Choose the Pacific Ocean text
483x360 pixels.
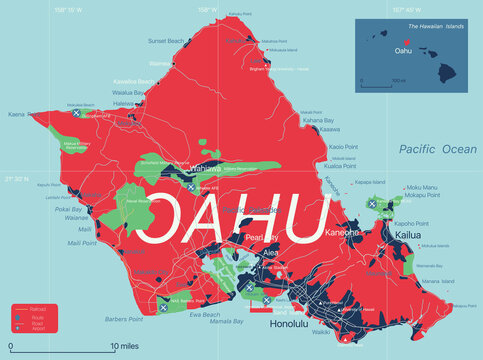click(x=437, y=149)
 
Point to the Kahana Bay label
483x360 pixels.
click(x=320, y=119)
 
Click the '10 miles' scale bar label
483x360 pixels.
click(x=127, y=347)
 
